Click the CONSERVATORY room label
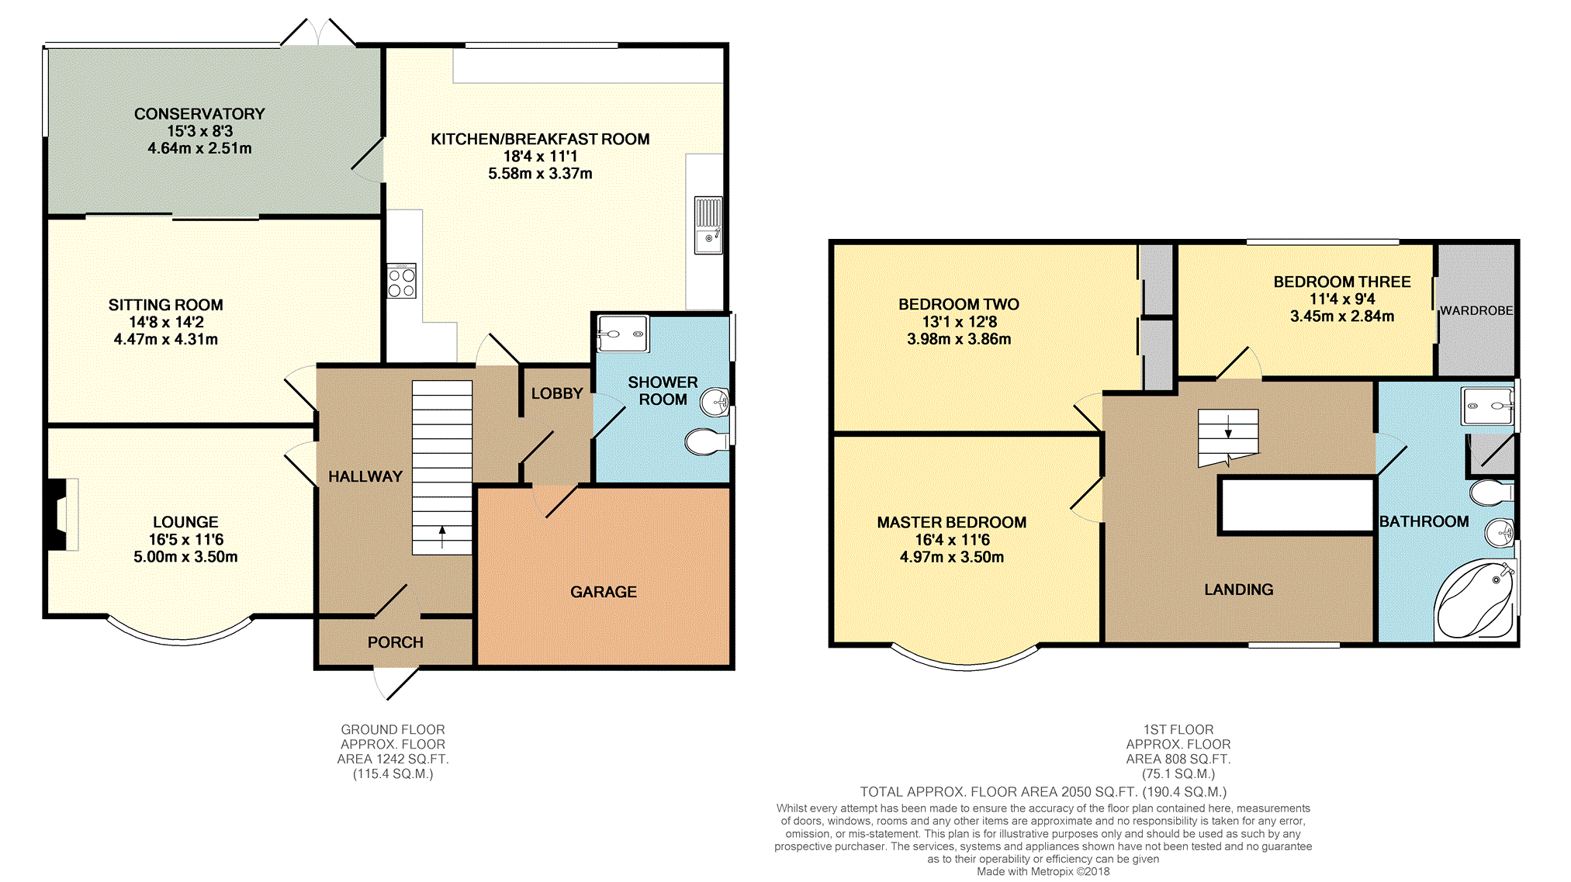pyautogui.click(x=199, y=114)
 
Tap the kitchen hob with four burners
pyautogui.click(x=402, y=281)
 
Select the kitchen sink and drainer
pyautogui.click(x=708, y=225)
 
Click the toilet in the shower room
pyautogui.click(x=708, y=441)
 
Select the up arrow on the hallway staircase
pyautogui.click(x=442, y=537)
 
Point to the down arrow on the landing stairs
pyautogui.click(x=1228, y=427)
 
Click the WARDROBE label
pyautogui.click(x=1476, y=310)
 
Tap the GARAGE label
pyautogui.click(x=604, y=592)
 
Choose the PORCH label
pyautogui.click(x=396, y=642)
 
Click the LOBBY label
pyautogui.click(x=557, y=393)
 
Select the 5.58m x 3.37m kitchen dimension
pyautogui.click(x=540, y=174)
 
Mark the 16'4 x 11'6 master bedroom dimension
pyautogui.click(x=952, y=540)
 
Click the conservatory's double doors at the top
pyautogui.click(x=318, y=33)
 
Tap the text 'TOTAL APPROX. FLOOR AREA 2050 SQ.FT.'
pyautogui.click(x=999, y=792)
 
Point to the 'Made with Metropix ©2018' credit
pyautogui.click(x=1043, y=871)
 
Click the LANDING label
pyautogui.click(x=1239, y=590)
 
